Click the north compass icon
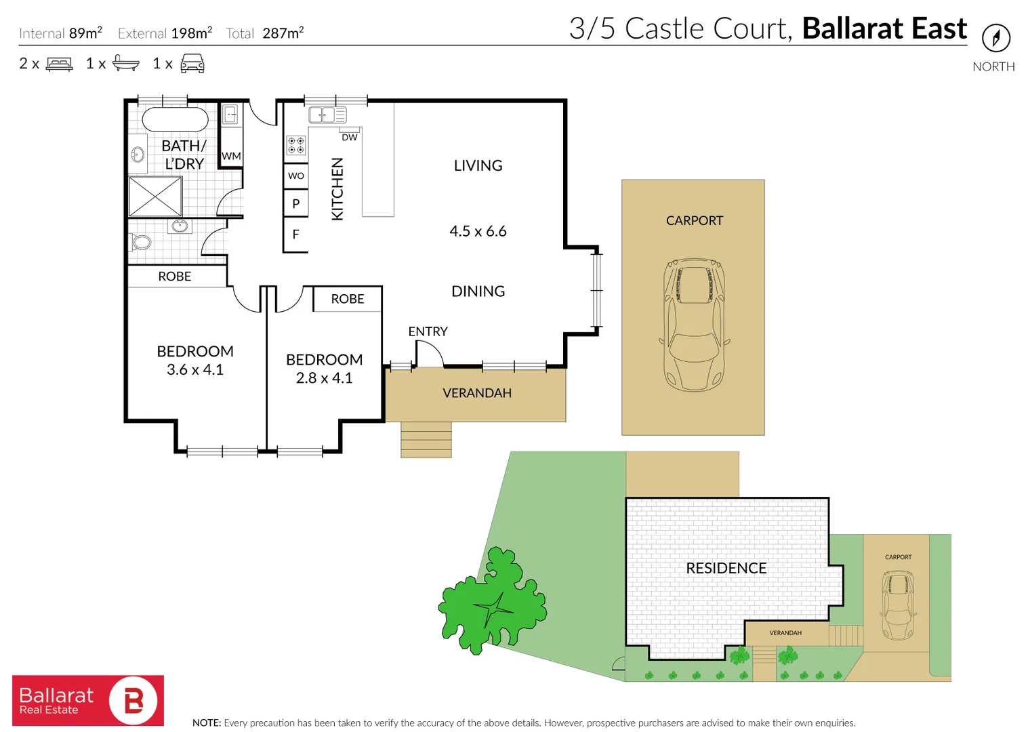coord(996,38)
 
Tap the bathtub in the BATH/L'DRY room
coord(175,119)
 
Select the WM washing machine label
coord(231,156)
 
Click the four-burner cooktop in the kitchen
coord(296,146)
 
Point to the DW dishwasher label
coord(349,137)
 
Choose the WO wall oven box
coord(296,176)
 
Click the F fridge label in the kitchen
coord(295,234)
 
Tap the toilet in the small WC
coord(140,242)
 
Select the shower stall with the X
coord(155,197)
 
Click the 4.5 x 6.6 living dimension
coord(478,231)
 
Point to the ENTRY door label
coord(428,331)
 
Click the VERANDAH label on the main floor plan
coord(477,393)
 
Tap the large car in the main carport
coord(695,325)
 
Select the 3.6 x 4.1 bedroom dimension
coord(194,369)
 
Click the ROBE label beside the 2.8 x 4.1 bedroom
coord(348,299)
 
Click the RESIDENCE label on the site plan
coord(726,568)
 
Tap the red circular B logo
coord(133,700)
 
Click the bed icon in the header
coord(59,64)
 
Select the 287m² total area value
coord(283,33)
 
